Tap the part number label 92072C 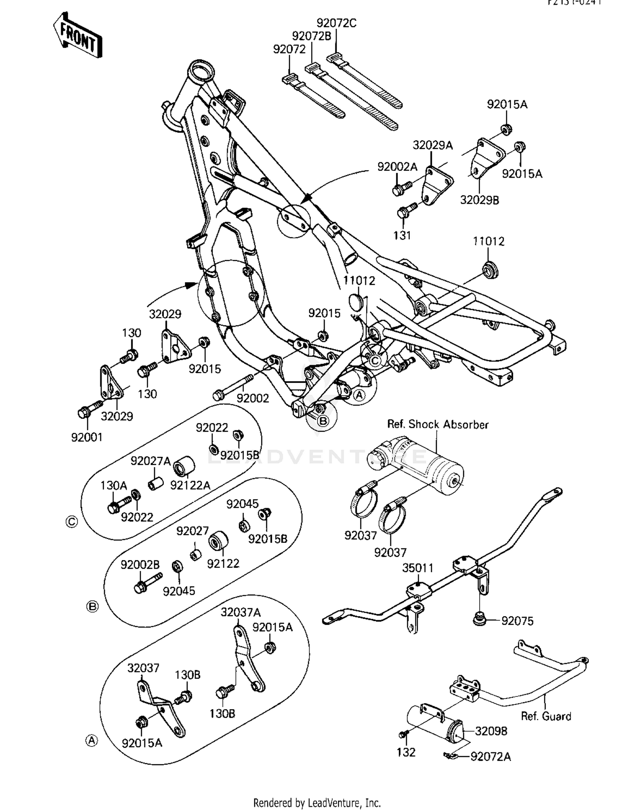pyautogui.click(x=337, y=23)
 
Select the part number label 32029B pyautogui.click(x=479, y=200)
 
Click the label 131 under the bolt pyautogui.click(x=402, y=236)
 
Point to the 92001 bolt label pyautogui.click(x=87, y=437)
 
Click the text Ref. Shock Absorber pyautogui.click(x=438, y=424)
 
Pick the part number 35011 pyautogui.click(x=417, y=568)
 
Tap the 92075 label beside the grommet pyautogui.click(x=517, y=621)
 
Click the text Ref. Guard pyautogui.click(x=546, y=716)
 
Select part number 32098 pyautogui.click(x=491, y=731)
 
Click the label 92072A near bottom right pyautogui.click(x=491, y=756)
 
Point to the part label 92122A pyautogui.click(x=190, y=485)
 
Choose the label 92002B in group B pyautogui.click(x=140, y=565)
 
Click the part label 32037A pyautogui.click(x=240, y=612)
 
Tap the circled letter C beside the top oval pyautogui.click(x=72, y=522)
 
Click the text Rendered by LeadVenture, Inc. pyautogui.click(x=317, y=803)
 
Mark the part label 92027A pyautogui.click(x=150, y=461)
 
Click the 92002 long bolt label pyautogui.click(x=253, y=398)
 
